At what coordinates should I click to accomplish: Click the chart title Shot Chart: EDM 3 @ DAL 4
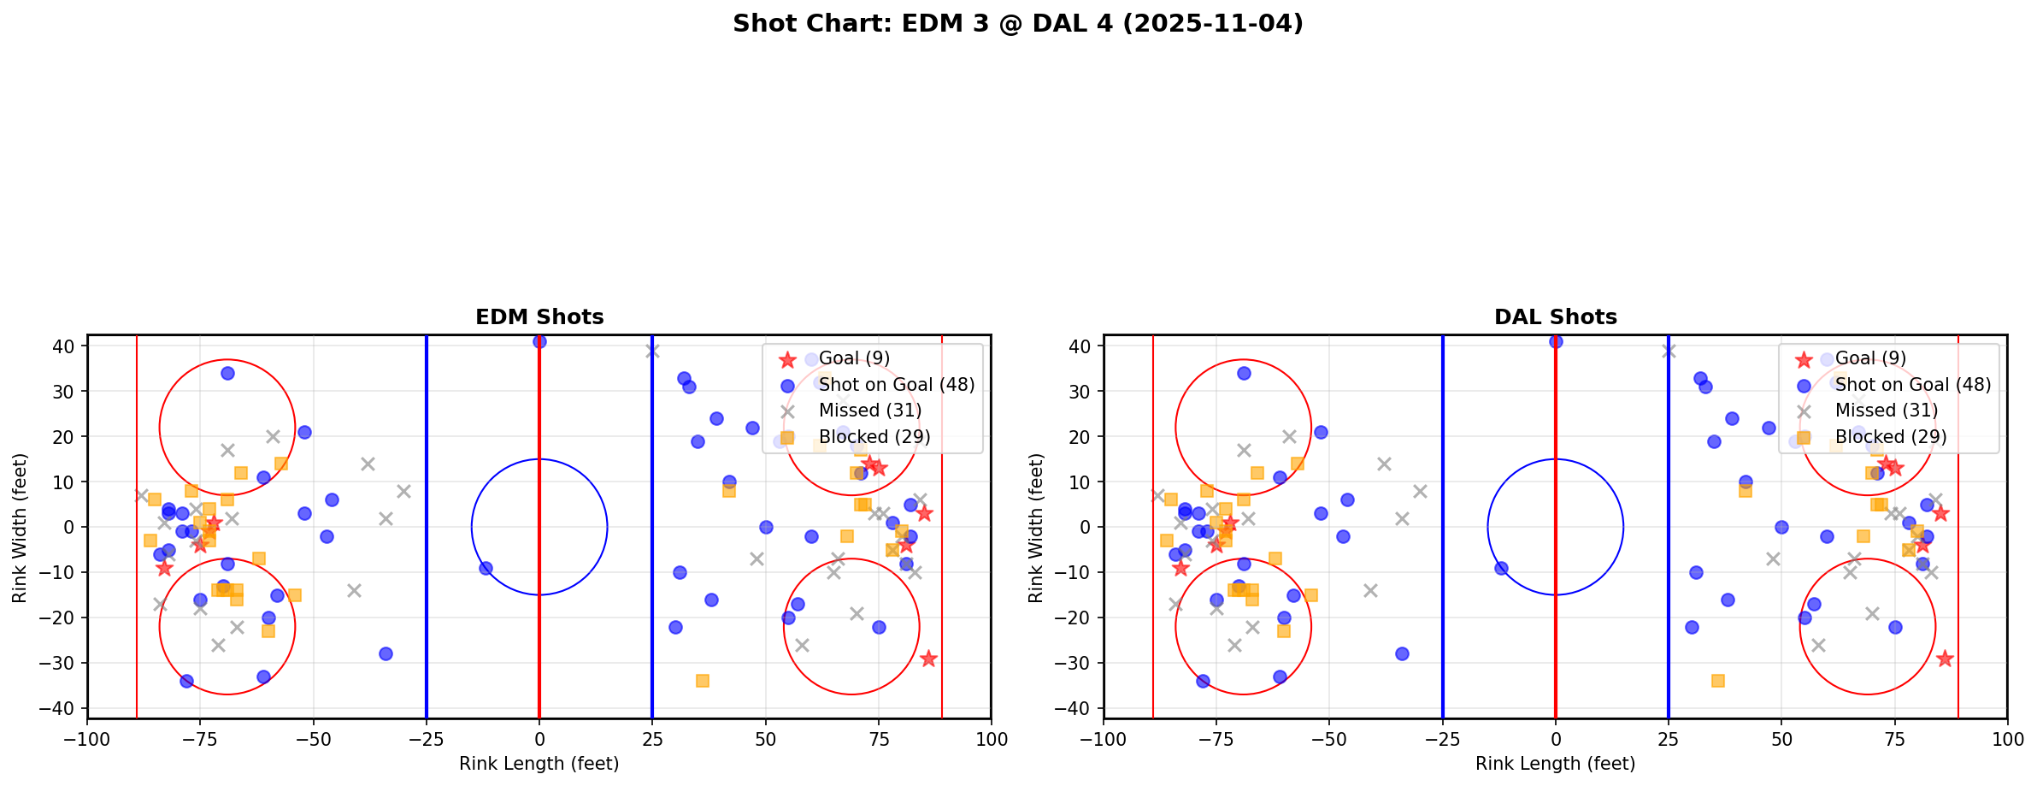[x=1017, y=23]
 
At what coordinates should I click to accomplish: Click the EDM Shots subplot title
[x=539, y=317]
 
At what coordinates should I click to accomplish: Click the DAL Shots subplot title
[x=1555, y=317]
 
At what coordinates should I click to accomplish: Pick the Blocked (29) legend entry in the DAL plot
[x=1890, y=437]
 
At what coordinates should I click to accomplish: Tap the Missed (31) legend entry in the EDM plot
[x=869, y=411]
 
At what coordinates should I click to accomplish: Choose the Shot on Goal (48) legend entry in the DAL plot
[x=1912, y=385]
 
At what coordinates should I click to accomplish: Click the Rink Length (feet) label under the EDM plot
[x=539, y=764]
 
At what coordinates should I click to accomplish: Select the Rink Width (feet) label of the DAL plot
[x=1036, y=528]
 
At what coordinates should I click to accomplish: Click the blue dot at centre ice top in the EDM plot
[x=539, y=341]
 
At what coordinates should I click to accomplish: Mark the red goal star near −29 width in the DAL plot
[x=1945, y=659]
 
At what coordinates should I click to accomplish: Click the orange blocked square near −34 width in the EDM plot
[x=702, y=681]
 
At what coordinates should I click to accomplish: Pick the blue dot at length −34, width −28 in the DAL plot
[x=1402, y=653]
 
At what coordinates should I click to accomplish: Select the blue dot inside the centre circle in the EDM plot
[x=486, y=568]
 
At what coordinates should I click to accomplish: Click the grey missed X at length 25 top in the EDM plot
[x=652, y=351]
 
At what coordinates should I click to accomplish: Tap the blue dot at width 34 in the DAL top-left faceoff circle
[x=1244, y=373]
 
